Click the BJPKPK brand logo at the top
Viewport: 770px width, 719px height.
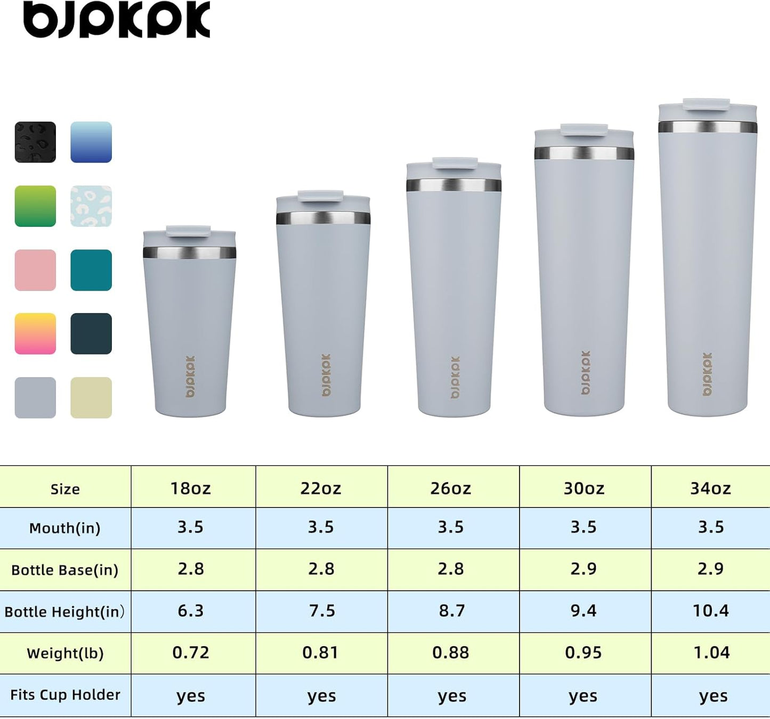(117, 20)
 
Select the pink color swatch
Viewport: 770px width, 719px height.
(35, 270)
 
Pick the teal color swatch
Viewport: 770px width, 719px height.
(91, 270)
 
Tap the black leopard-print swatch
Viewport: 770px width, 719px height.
(35, 142)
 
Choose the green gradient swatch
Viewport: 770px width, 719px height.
(35, 206)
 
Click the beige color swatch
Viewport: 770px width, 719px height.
(91, 398)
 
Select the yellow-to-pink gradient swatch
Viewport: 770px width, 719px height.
(35, 334)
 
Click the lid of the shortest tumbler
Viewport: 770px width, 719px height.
(189, 235)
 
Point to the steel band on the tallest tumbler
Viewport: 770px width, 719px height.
(708, 127)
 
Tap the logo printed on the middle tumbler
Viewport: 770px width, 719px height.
(455, 377)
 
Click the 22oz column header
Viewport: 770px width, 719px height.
(321, 488)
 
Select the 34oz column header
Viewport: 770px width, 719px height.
(710, 488)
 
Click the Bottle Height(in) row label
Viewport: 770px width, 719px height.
(64, 611)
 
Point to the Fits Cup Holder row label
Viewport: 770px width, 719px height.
(65, 695)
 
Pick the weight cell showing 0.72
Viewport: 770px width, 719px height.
(191, 653)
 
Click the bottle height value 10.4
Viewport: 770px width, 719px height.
(710, 611)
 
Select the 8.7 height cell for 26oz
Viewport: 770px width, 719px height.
(452, 611)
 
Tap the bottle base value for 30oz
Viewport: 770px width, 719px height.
(583, 569)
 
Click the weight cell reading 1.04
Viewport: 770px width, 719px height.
(711, 653)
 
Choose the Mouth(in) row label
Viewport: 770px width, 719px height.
(64, 528)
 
